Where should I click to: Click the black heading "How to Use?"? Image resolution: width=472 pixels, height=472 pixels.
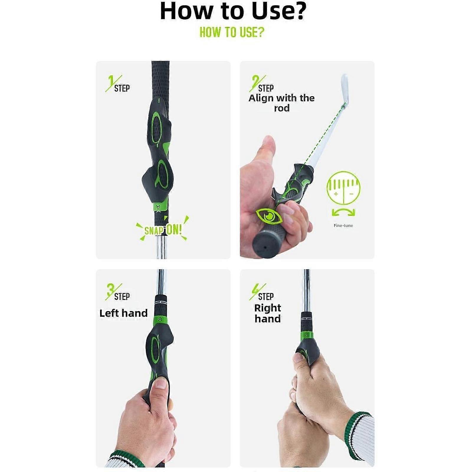click(233, 11)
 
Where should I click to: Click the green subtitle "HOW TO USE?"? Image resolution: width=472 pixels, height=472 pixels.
click(232, 32)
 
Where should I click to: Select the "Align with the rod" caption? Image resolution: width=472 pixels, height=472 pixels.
click(281, 103)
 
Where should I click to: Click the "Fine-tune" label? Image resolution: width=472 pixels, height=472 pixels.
click(343, 225)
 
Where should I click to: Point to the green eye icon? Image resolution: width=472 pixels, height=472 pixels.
click(269, 216)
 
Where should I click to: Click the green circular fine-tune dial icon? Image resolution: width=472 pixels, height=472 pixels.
click(343, 188)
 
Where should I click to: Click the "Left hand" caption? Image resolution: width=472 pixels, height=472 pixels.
click(123, 313)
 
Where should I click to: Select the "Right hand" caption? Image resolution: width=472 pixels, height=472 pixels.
click(268, 313)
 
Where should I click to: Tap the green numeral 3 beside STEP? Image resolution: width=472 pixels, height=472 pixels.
click(110, 290)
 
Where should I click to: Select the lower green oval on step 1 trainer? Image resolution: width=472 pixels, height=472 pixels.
click(162, 175)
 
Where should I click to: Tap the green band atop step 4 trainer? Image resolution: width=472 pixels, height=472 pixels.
click(307, 335)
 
